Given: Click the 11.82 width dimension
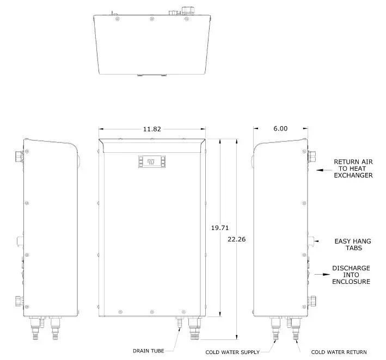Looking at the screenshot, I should (152, 129).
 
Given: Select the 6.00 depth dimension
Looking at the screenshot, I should (280, 129).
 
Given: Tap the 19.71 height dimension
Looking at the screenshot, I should (219, 228).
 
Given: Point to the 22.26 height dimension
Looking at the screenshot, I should (237, 239).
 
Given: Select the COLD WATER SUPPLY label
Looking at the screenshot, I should (232, 352).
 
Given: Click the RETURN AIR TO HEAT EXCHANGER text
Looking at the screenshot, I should (353, 169).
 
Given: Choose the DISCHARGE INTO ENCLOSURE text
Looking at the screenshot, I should (351, 275).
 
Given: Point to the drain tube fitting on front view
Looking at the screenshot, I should (177, 322).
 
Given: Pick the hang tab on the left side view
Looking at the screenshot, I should (21, 240).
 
